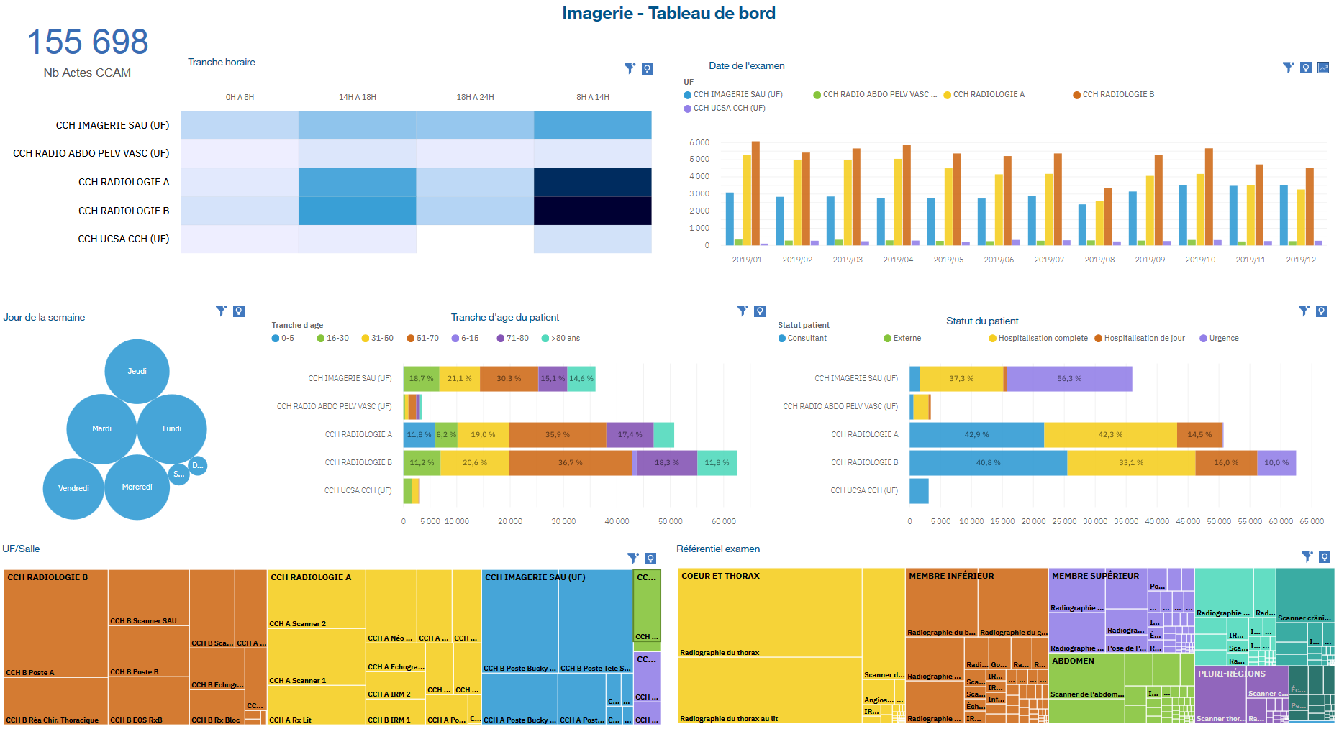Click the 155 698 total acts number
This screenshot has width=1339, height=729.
coord(88,42)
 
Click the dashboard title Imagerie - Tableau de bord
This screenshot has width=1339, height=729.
coord(668,13)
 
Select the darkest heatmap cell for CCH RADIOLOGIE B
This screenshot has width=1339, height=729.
coord(592,211)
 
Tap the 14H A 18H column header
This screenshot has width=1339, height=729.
coord(358,97)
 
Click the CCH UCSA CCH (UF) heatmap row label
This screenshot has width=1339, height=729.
coord(123,239)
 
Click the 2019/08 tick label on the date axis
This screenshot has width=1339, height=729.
coord(1099,260)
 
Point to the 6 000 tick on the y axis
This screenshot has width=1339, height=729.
coord(699,142)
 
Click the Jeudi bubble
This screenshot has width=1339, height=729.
coord(137,371)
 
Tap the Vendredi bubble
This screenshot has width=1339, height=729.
coord(73,488)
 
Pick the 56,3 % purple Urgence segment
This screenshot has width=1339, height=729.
coord(1068,379)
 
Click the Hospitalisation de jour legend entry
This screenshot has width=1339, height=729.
coord(1143,338)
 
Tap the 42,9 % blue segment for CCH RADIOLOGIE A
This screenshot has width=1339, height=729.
coord(976,434)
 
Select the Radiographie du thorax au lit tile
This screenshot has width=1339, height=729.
coord(769,690)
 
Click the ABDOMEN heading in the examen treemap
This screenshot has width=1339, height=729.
coord(1073,661)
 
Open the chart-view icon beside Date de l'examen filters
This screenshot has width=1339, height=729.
coord(1323,68)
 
